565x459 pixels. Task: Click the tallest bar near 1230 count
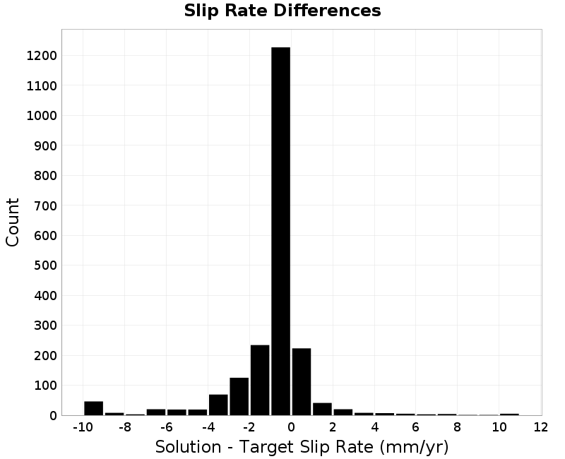click(280, 232)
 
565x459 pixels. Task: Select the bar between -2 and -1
click(260, 380)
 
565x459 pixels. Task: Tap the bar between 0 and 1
click(302, 382)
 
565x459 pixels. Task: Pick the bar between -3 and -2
click(239, 397)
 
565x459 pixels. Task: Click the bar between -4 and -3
click(218, 405)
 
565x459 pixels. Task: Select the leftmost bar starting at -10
click(94, 408)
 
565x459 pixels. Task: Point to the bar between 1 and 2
click(322, 410)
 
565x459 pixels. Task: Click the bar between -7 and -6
click(156, 412)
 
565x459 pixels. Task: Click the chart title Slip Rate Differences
click(282, 11)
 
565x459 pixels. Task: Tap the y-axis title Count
click(12, 222)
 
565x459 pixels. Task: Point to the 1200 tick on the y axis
click(42, 56)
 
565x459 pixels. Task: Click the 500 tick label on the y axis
click(45, 266)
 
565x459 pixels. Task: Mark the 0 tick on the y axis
click(54, 416)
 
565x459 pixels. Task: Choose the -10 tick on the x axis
click(83, 427)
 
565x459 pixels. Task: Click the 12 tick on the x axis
click(541, 427)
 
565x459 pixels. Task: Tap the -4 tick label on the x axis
click(208, 427)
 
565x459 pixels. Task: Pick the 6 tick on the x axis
click(416, 427)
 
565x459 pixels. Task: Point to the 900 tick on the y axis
click(45, 145)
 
